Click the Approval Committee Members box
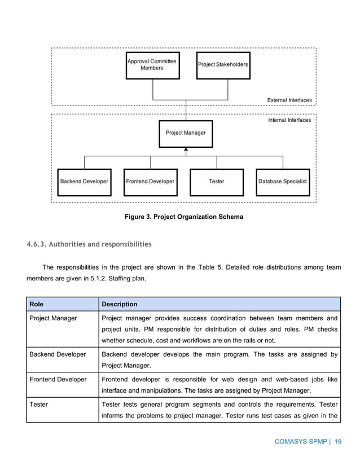pyautogui.click(x=152, y=65)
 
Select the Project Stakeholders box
pyautogui.click(x=223, y=65)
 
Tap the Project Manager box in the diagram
pyautogui.click(x=186, y=133)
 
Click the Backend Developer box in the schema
pyautogui.click(x=84, y=182)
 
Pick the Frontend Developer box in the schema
pyautogui.click(x=150, y=182)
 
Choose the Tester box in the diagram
pyautogui.click(x=217, y=182)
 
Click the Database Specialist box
pyautogui.click(x=283, y=182)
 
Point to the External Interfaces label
pyautogui.click(x=289, y=100)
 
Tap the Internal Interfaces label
pyautogui.click(x=289, y=120)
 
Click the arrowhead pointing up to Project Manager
pyautogui.click(x=186, y=150)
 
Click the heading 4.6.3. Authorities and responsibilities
pyautogui.click(x=89, y=244)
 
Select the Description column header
pyautogui.click(x=119, y=304)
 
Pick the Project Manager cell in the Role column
pyautogui.click(x=53, y=319)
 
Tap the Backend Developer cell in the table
pyautogui.click(x=58, y=354)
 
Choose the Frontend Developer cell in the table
pyautogui.click(x=58, y=380)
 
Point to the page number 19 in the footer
pyautogui.click(x=338, y=442)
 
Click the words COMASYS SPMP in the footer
pyautogui.click(x=301, y=442)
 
